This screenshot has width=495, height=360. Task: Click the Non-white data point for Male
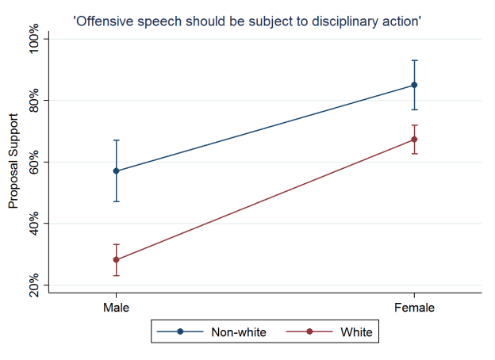[117, 170]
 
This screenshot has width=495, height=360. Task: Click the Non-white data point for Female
[414, 85]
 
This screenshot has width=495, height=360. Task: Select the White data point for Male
[117, 259]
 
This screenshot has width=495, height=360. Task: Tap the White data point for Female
[414, 140]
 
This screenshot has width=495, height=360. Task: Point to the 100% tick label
[33, 40]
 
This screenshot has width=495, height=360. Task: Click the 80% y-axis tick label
[33, 101]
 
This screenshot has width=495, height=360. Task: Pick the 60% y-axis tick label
[33, 163]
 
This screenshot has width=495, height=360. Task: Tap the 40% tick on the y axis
[33, 224]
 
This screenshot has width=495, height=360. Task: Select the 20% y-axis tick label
[33, 285]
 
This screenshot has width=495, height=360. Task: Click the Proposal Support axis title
[13, 162]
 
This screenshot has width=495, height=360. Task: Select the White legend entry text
[356, 331]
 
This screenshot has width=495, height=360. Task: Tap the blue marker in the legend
[180, 331]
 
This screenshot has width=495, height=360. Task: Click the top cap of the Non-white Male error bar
[117, 140]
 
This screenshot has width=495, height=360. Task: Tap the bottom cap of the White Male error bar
[117, 275]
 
